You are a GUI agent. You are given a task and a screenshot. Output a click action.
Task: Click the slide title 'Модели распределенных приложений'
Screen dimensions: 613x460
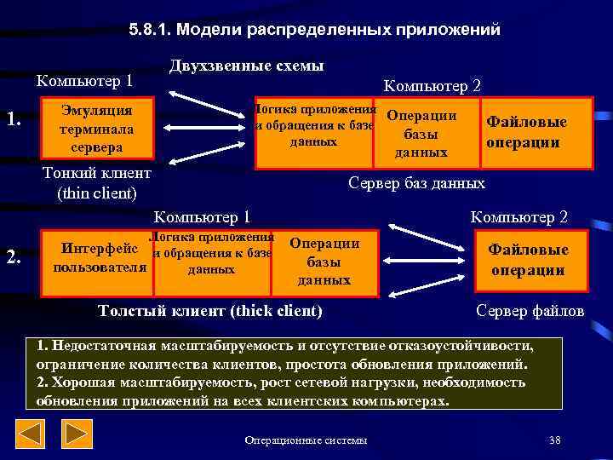tap(315, 30)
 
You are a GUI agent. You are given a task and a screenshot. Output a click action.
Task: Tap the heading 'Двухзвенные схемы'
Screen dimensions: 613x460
tap(247, 66)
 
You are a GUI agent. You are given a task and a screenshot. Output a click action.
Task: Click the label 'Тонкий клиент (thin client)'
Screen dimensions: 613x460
tap(96, 183)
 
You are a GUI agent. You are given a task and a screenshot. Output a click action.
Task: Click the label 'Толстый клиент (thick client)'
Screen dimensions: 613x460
tap(211, 311)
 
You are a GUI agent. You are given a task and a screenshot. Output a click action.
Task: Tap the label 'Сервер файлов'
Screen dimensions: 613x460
tap(530, 311)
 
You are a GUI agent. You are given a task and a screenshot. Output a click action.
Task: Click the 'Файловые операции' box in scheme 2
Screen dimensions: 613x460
tap(527, 260)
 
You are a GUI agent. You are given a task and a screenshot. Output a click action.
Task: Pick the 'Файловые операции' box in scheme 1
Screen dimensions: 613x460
tap(526, 132)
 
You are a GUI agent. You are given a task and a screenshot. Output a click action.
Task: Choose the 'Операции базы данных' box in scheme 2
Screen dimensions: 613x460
tap(324, 262)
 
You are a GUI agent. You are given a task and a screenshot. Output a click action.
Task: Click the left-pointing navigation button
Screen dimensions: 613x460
tap(32, 435)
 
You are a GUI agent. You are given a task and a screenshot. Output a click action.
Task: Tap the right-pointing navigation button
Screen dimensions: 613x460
tap(78, 435)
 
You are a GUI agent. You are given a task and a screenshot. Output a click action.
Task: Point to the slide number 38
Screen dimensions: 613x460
tap(555, 440)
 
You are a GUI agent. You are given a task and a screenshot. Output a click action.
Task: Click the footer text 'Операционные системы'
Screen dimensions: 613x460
tap(306, 440)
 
